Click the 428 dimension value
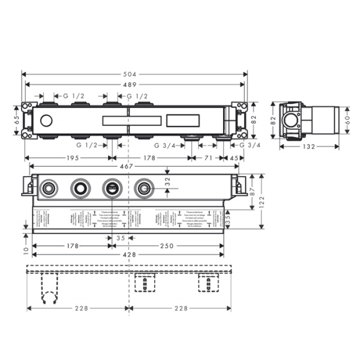128,254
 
